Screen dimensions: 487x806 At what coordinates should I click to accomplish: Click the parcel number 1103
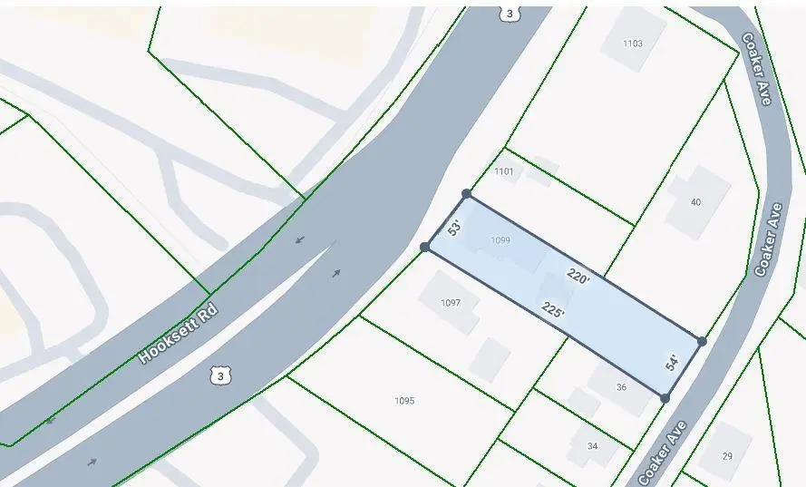tap(633, 44)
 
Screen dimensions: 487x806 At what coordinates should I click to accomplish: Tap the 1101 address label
tap(504, 171)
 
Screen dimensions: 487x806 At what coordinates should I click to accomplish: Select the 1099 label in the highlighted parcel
tap(500, 240)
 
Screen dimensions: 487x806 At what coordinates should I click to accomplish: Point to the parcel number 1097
tap(451, 303)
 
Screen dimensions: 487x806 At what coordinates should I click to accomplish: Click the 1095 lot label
tap(404, 400)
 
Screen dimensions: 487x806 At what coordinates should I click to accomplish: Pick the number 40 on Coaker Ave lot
tap(695, 202)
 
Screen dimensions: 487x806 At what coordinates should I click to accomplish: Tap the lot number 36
tap(621, 387)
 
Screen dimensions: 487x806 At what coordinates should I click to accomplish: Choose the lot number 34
tap(592, 446)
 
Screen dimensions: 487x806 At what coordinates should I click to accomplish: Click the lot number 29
tap(727, 456)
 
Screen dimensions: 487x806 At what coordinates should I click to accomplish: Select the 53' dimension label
tap(455, 228)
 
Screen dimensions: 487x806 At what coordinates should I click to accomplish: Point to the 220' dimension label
tap(578, 276)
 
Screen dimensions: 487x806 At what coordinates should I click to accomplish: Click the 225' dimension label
tap(553, 310)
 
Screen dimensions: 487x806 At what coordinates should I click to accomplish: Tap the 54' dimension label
tap(672, 363)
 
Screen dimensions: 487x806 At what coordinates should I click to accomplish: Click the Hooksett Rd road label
tap(179, 334)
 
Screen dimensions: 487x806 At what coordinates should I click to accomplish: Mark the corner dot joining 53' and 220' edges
tap(466, 194)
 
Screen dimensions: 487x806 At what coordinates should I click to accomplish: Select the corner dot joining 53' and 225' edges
tap(424, 247)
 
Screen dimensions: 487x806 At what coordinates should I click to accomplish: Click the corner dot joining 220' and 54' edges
tap(702, 341)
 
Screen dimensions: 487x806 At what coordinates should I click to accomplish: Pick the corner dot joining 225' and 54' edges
tap(665, 398)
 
